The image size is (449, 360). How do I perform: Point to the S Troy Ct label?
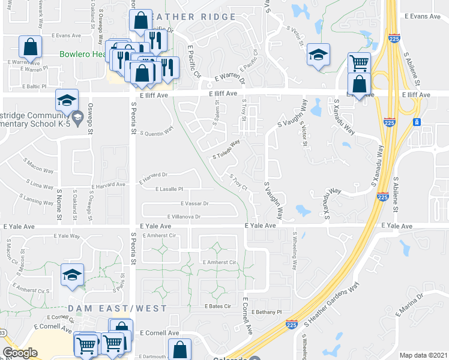pyautogui.click(x=238, y=182)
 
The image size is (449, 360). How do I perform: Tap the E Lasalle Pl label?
pyautogui.click(x=168, y=189)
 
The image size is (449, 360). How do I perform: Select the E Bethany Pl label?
pyautogui.click(x=267, y=312)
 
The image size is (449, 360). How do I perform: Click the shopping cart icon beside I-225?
pyautogui.click(x=358, y=62)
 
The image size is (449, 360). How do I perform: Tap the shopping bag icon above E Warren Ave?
pyautogui.click(x=30, y=47)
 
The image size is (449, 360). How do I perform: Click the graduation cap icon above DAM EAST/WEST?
pyautogui.click(x=73, y=275)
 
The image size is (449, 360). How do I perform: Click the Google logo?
pyautogui.click(x=20, y=353)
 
